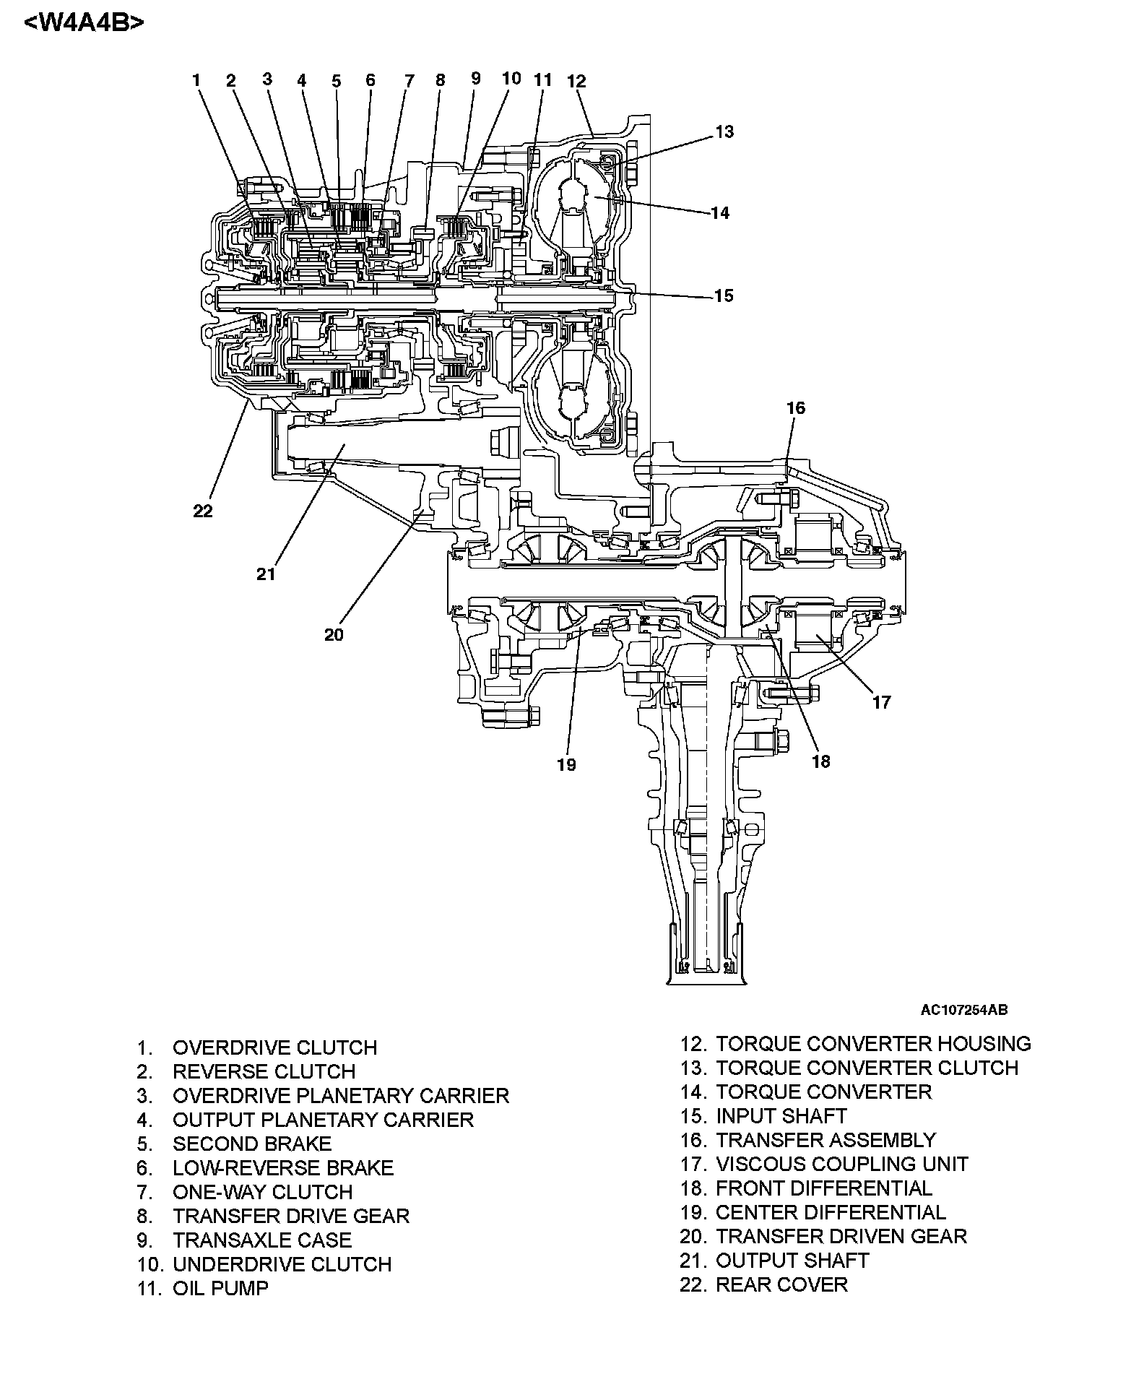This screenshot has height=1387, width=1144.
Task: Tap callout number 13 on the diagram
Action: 724,131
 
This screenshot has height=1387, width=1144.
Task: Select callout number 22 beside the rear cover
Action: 203,511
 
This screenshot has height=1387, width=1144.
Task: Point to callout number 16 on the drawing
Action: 795,408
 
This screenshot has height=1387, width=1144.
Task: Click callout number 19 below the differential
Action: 566,764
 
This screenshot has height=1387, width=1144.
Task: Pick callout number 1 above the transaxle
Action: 196,79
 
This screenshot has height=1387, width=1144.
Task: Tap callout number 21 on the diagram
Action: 266,574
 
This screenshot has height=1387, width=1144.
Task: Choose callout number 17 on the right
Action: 881,701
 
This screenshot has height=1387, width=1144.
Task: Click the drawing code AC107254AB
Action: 963,1010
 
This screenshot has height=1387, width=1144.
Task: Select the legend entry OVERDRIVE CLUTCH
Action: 274,1047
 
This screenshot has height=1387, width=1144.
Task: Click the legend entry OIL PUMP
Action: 220,1288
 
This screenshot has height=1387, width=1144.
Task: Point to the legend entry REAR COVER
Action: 781,1284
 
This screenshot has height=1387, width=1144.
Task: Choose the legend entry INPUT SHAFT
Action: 781,1116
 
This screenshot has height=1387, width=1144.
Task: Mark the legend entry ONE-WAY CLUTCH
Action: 262,1192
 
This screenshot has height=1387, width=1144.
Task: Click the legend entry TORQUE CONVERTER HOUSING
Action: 873,1044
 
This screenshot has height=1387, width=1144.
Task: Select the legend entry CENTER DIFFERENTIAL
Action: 831,1212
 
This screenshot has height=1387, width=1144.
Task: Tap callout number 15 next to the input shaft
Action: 723,295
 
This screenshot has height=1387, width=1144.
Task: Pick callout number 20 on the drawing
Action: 334,635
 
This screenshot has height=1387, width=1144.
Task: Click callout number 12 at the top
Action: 576,81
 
